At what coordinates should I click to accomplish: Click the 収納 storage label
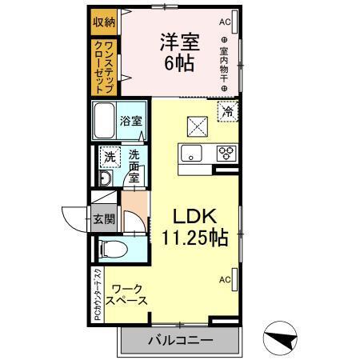[103, 21]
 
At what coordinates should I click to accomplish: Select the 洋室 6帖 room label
[179, 51]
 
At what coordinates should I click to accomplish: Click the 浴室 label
[131, 122]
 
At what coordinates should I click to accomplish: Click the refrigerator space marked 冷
[227, 113]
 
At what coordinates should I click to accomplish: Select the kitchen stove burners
[225, 154]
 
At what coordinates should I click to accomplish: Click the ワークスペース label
[128, 295]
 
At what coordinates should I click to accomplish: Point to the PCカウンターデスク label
[97, 294]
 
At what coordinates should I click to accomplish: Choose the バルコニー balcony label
[179, 341]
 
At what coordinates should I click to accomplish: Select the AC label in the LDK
[225, 279]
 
